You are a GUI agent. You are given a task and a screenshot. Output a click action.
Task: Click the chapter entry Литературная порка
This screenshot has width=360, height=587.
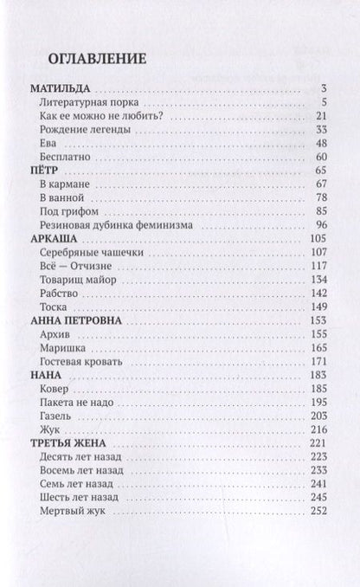pos(87,102)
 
